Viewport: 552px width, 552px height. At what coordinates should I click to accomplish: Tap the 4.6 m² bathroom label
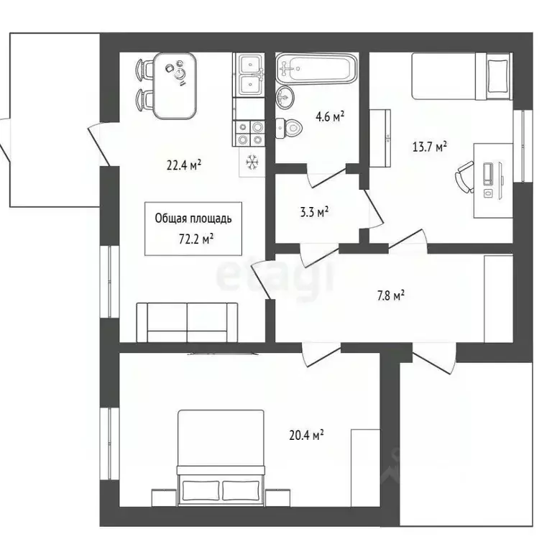[x=327, y=116]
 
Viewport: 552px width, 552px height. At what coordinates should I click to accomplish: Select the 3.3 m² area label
[x=313, y=212]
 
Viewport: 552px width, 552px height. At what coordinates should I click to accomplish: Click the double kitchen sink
[x=250, y=75]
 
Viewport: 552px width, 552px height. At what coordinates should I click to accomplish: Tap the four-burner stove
[x=250, y=132]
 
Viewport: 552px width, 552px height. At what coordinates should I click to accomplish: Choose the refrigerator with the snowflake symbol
[x=252, y=162]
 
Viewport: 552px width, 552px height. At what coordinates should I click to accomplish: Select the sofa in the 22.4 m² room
[x=187, y=321]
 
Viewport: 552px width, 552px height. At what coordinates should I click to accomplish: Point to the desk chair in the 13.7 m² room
[x=464, y=177]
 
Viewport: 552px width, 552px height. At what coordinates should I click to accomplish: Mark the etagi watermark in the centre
[x=276, y=276]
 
